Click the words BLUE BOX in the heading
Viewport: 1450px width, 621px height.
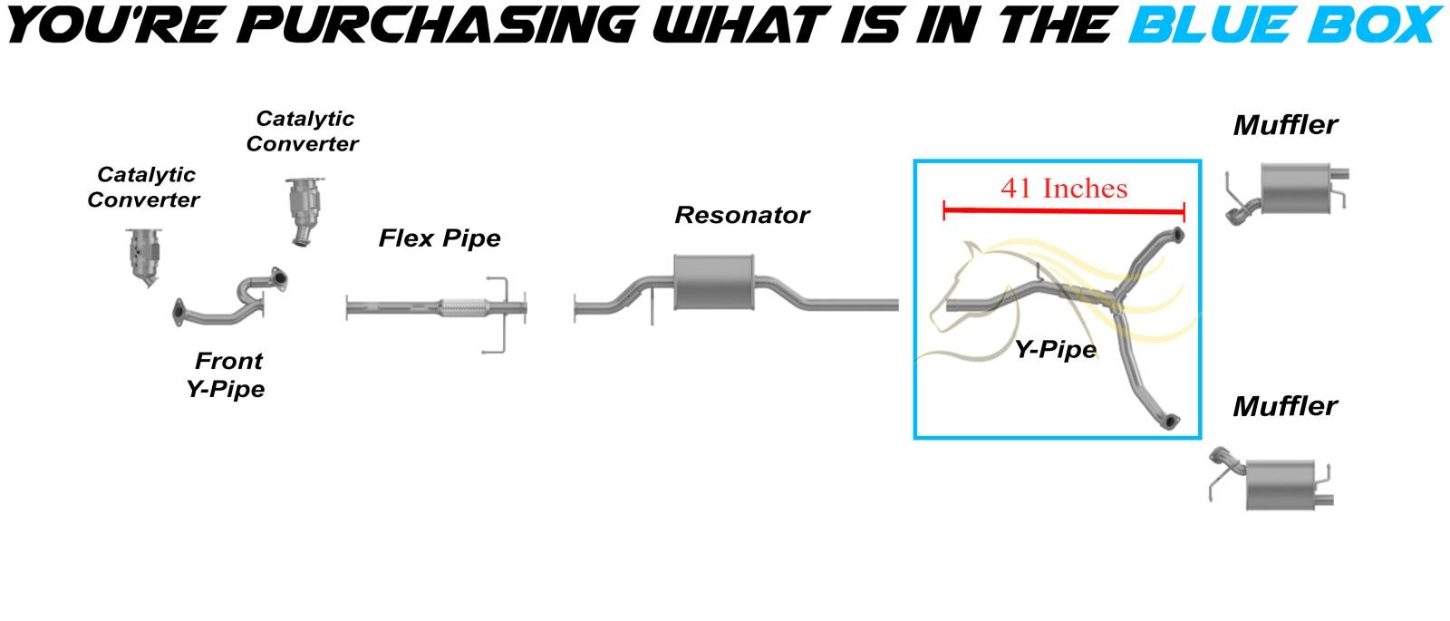[1283, 24]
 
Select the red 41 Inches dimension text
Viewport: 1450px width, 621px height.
[1064, 189]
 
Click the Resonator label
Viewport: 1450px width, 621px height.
[741, 216]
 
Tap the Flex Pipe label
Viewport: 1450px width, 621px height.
[440, 238]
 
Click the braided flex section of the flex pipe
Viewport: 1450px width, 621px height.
[460, 308]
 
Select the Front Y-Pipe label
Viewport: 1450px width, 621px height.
[227, 374]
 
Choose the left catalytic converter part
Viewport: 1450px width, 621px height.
[145, 255]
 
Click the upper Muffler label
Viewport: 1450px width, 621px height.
[1284, 125]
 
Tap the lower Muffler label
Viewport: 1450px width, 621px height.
[1284, 406]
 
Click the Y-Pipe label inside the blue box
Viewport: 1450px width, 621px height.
[1055, 349]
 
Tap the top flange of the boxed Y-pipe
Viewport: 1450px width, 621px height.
[1173, 237]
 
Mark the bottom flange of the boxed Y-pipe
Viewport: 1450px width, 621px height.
[1170, 420]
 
